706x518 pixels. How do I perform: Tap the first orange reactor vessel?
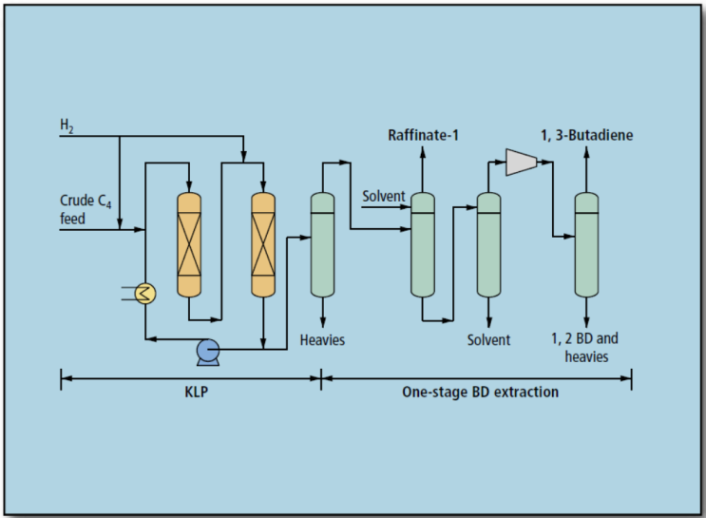(190, 245)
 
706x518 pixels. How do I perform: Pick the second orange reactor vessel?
(263, 245)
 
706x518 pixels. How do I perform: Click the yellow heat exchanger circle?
(145, 294)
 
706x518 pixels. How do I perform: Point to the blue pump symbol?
(208, 352)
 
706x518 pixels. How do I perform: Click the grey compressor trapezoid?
(521, 163)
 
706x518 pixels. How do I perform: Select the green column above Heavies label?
(323, 245)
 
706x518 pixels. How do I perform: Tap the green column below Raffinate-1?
(423, 245)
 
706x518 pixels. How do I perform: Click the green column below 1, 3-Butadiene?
(586, 245)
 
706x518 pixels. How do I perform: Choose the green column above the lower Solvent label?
(488, 245)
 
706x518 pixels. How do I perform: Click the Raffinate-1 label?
(423, 136)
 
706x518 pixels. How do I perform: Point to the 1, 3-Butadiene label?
(586, 136)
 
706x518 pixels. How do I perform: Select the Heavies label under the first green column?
(322, 339)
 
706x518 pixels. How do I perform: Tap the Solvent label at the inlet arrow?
(384, 197)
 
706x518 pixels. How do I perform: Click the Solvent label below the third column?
(488, 339)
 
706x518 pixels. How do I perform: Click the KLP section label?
(190, 391)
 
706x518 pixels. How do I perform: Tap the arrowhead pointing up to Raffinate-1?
(423, 152)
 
